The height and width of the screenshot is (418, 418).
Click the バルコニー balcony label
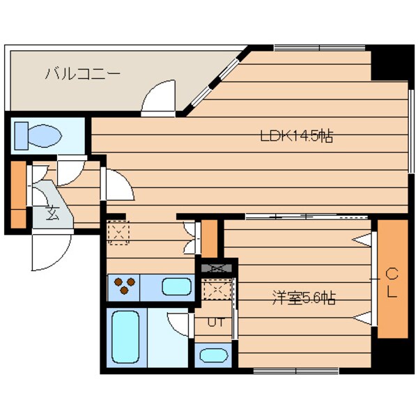point(83,73)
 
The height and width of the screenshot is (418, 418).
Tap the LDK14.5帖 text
point(297,136)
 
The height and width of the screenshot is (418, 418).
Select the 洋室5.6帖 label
point(304,299)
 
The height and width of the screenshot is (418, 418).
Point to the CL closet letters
point(392,282)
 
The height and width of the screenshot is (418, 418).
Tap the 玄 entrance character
point(53,212)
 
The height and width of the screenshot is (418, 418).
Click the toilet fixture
point(38,133)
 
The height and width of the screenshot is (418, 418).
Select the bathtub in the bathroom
point(127,337)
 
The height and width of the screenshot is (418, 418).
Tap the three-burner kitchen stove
point(125,286)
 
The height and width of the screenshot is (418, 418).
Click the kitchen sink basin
point(176,286)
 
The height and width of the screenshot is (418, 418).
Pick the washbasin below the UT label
point(211,355)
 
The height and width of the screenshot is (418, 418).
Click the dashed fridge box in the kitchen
point(119,233)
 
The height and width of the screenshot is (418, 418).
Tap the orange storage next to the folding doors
point(209,238)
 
